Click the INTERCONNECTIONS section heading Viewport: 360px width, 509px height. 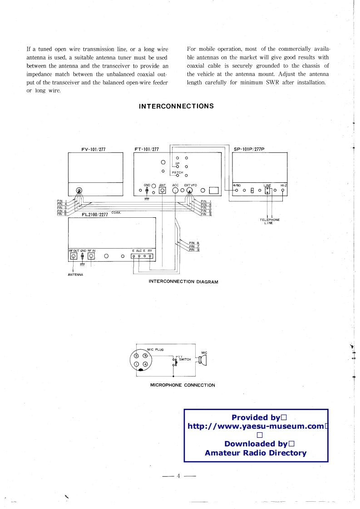tap(176, 106)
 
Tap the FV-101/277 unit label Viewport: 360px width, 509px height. tap(94, 149)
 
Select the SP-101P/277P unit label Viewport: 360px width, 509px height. tap(249, 149)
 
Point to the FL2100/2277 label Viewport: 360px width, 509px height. tap(94, 215)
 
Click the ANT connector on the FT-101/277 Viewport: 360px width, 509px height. tap(162, 191)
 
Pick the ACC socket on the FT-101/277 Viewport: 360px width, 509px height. tap(175, 191)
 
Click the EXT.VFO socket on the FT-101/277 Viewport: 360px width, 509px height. tap(190, 191)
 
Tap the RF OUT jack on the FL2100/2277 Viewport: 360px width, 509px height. tap(73, 256)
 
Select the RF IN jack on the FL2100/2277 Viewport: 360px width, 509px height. tap(91, 256)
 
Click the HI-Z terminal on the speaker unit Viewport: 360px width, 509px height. tap(283, 191)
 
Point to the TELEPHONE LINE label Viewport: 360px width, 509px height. tap(270, 221)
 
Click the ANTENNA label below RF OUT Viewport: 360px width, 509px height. tap(73, 274)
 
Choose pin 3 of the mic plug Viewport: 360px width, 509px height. tap(136, 356)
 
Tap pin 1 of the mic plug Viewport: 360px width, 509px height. tap(136, 364)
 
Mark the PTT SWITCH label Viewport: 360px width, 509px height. tap(183, 359)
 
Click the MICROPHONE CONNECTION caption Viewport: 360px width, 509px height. tap(182, 385)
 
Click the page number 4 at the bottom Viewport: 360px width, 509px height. tap(179, 476)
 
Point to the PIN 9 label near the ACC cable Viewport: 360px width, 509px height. tap(194, 250)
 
